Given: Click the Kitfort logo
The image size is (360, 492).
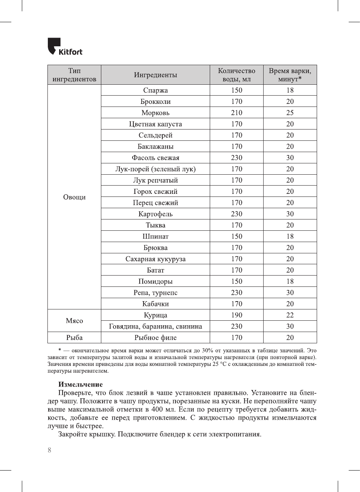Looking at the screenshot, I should coord(65,47).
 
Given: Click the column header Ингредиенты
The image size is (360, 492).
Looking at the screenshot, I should coord(155,75).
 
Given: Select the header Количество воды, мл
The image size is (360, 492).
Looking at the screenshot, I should coord(236,75).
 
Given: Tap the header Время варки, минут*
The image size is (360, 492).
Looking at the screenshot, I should coord(290,75).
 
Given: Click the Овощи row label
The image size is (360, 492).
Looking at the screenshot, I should coord(74,197).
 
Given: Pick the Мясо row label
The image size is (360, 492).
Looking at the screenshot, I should coord(74,321).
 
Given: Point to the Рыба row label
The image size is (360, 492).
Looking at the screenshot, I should coord(74,338).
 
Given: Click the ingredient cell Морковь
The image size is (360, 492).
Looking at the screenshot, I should coord(155,113).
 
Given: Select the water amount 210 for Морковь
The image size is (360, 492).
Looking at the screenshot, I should coord(236,113).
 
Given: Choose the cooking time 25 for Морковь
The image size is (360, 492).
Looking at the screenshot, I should coord(290,113).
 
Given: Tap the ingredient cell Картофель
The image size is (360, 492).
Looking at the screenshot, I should coord(155,214).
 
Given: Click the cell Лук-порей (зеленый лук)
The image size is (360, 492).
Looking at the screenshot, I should coord(155,169).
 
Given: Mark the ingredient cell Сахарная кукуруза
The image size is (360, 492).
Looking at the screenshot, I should coord(155,259).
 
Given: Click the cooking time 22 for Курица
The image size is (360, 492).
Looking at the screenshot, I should coord(290,315).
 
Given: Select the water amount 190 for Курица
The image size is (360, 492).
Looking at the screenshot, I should coord(236,315).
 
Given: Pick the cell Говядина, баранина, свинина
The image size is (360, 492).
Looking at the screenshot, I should coord(155,326).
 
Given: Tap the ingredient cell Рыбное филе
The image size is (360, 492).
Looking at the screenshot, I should coord(155,338).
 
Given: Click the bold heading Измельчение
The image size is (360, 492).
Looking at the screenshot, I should coord(80,384).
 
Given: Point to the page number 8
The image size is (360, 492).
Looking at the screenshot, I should coord(49,450).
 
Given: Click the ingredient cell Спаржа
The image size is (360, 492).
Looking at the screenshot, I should coord(155,90).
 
